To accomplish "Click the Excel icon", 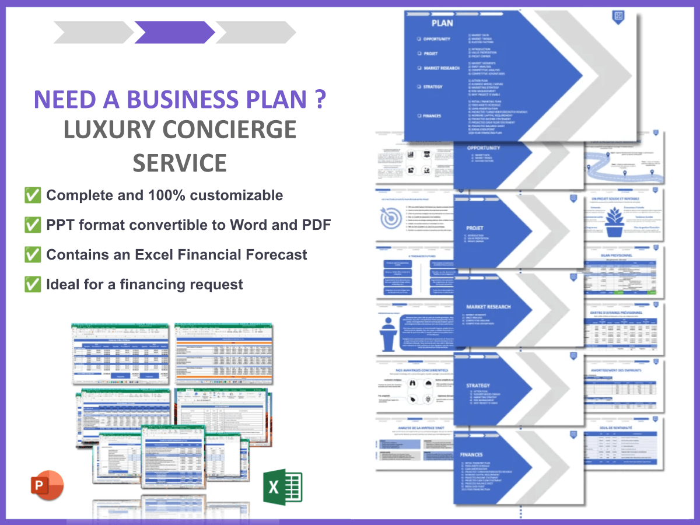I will coord(282,487).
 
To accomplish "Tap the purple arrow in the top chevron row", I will coord(174,32).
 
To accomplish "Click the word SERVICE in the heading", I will coord(179,162).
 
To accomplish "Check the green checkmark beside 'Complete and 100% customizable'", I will coord(33,195).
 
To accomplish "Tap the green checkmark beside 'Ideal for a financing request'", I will coord(33,284).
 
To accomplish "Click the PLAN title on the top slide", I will coord(442,23).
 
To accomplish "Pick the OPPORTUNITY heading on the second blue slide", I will coord(484,148).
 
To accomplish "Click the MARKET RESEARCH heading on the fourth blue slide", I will coord(488,307).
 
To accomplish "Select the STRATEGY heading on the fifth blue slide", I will coord(478,386).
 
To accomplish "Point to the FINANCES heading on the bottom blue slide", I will coord(471,454).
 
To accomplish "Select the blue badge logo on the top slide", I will coord(618,16).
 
